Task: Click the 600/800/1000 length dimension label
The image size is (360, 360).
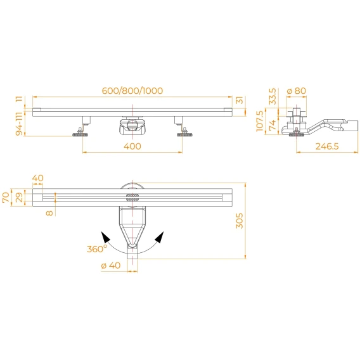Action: pyautogui.click(x=132, y=91)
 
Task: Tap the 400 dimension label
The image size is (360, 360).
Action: pyautogui.click(x=132, y=146)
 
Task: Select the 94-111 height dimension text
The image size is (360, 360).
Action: pyautogui.click(x=20, y=124)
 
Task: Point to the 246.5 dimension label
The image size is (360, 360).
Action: pyautogui.click(x=327, y=146)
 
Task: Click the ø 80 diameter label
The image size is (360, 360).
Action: pyautogui.click(x=297, y=91)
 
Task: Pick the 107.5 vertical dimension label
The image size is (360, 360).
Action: pyautogui.click(x=260, y=121)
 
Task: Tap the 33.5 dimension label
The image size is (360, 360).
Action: pyautogui.click(x=273, y=96)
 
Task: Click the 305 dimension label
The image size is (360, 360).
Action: pyautogui.click(x=240, y=221)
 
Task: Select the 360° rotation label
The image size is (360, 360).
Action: pyautogui.click(x=97, y=248)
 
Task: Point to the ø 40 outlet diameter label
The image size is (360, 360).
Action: pyautogui.click(x=111, y=266)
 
